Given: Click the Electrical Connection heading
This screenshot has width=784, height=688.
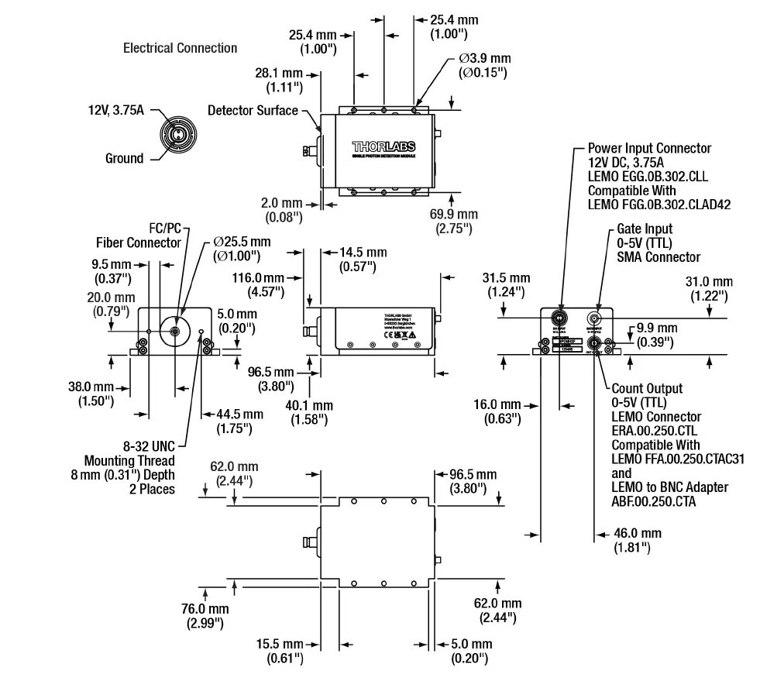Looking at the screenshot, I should (180, 48).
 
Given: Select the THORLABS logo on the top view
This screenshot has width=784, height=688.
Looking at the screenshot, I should (383, 146).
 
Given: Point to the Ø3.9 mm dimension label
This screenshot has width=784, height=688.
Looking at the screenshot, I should (484, 65).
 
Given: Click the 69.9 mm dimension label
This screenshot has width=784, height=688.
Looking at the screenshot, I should (454, 221).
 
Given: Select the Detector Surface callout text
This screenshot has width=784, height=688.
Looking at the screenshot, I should (253, 111).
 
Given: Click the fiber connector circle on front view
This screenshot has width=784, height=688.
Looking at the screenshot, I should (175, 332).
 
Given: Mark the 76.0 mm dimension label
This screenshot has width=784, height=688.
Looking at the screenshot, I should (205, 615).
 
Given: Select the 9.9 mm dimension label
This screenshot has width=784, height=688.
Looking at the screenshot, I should (655, 335).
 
